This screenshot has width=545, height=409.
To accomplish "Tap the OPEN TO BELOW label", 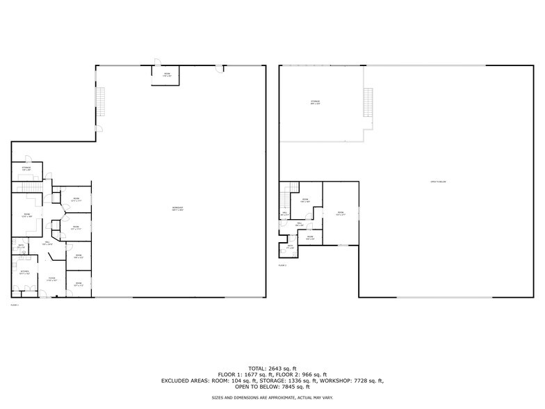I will tap(437, 182).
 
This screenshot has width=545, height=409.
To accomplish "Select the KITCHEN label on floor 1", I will tap(24, 271).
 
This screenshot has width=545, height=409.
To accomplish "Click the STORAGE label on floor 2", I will tap(315, 103).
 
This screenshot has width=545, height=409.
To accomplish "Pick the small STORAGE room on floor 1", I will tap(26, 168).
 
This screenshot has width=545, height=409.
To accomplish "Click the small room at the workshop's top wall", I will tap(167, 74).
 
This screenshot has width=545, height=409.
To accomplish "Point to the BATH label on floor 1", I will tap(21, 246).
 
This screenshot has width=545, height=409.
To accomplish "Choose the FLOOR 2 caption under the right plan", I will tap(282, 265).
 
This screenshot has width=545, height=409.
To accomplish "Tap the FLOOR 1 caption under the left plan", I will tap(15, 305).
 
